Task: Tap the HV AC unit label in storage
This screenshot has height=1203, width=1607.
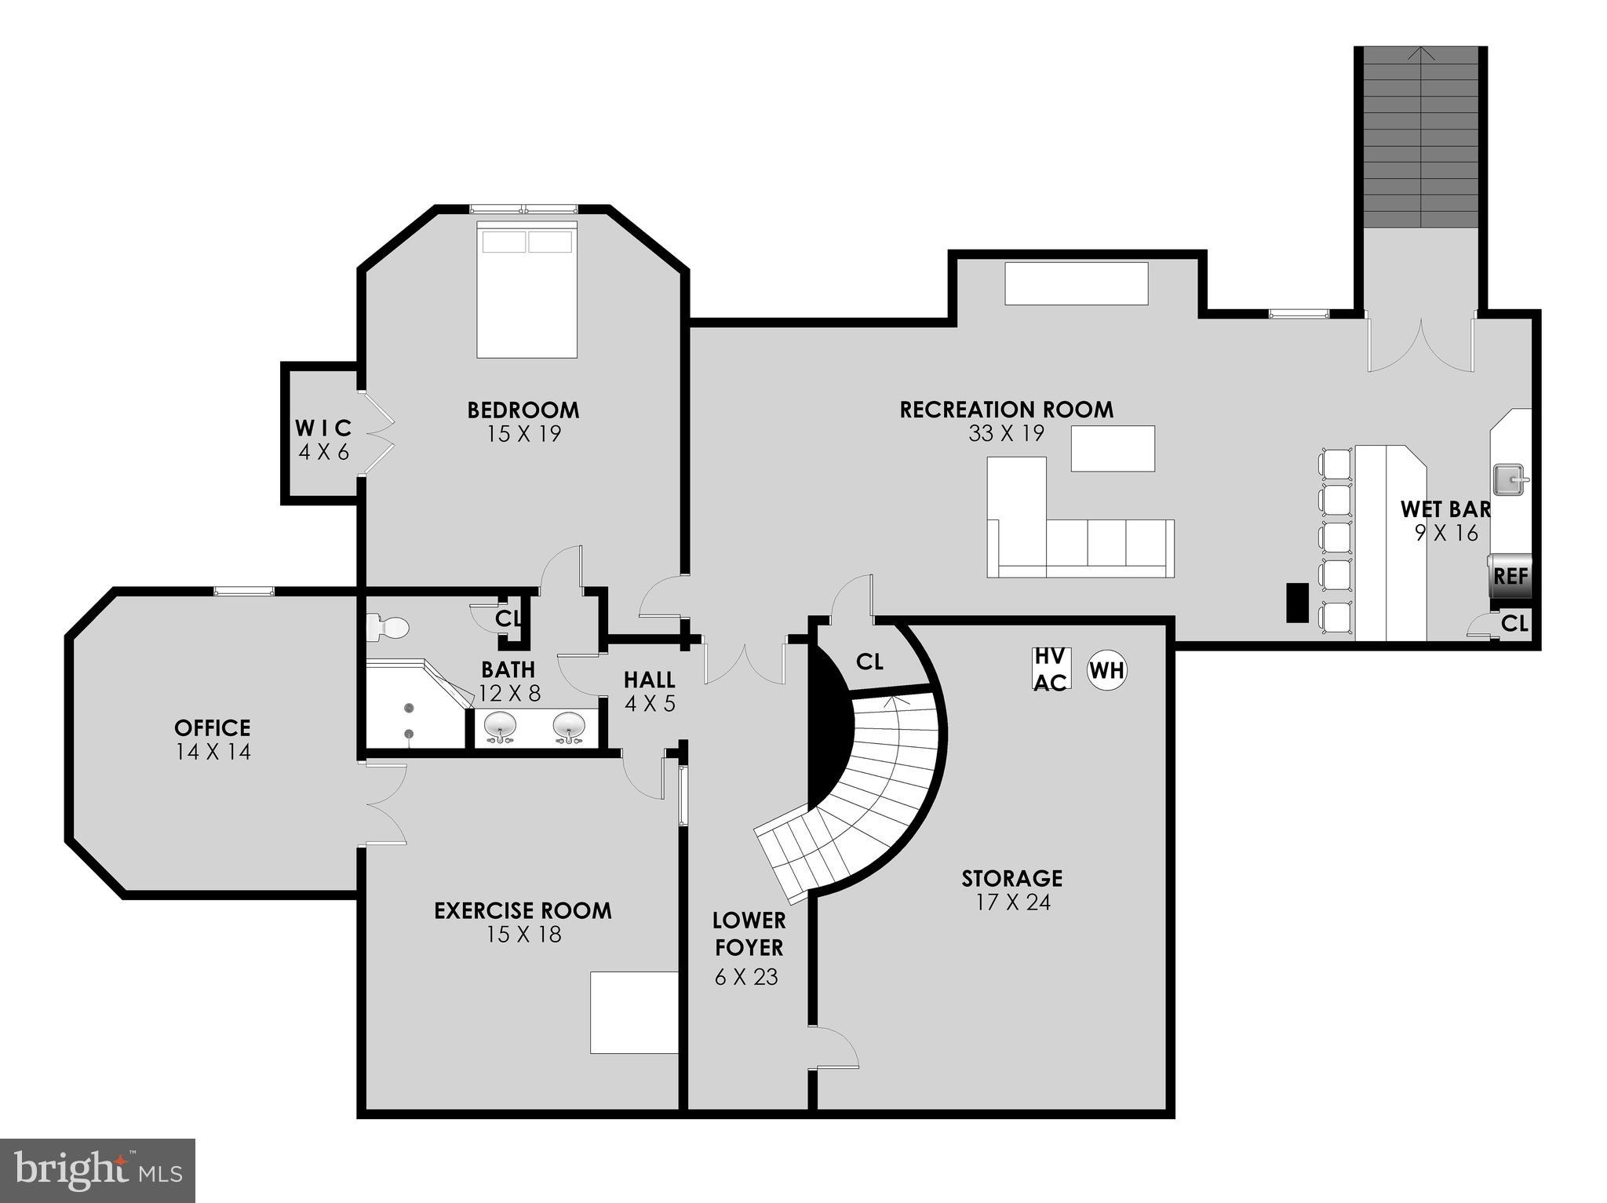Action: point(1050,669)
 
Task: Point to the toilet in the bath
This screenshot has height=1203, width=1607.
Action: point(388,628)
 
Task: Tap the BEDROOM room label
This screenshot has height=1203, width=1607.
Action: point(523,410)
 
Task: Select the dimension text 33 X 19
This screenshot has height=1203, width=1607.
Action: point(1006,433)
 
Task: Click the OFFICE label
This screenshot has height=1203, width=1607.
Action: point(213,727)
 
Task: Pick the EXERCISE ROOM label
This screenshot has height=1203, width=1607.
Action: point(523,910)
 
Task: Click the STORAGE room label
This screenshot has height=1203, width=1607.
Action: point(1012,877)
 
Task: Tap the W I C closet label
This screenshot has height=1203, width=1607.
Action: point(323,428)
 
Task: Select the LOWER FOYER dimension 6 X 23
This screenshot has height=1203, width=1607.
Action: point(746,977)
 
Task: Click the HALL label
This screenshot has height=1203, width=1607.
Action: point(650,680)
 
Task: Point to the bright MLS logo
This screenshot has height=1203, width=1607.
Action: point(97,1170)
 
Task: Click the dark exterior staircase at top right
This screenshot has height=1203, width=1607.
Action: point(1421,138)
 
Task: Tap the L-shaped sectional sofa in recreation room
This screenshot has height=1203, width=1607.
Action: point(1075,541)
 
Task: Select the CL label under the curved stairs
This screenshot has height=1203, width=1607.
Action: point(869,662)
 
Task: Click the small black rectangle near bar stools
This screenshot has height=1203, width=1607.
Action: point(1297,603)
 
